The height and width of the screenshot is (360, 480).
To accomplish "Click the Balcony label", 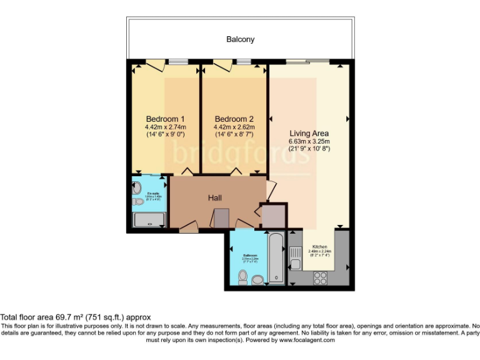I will (240, 39).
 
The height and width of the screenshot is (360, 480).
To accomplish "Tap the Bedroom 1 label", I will (165, 119).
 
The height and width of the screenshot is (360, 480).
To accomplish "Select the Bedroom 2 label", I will (234, 119).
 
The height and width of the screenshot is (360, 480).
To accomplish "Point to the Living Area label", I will (309, 133).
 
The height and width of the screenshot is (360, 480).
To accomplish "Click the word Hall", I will (216, 198).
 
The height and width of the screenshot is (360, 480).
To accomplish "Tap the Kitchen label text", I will (319, 247).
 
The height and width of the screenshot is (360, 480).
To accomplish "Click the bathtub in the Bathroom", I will (276, 258).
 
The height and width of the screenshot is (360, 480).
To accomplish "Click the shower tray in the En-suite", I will (149, 220).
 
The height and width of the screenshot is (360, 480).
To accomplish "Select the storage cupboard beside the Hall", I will (273, 216).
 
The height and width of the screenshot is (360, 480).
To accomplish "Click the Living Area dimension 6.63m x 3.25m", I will (309, 141).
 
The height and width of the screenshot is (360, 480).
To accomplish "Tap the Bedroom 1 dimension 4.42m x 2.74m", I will (165, 127).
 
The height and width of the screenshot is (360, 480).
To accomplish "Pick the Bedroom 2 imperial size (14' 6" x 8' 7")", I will (234, 134).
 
